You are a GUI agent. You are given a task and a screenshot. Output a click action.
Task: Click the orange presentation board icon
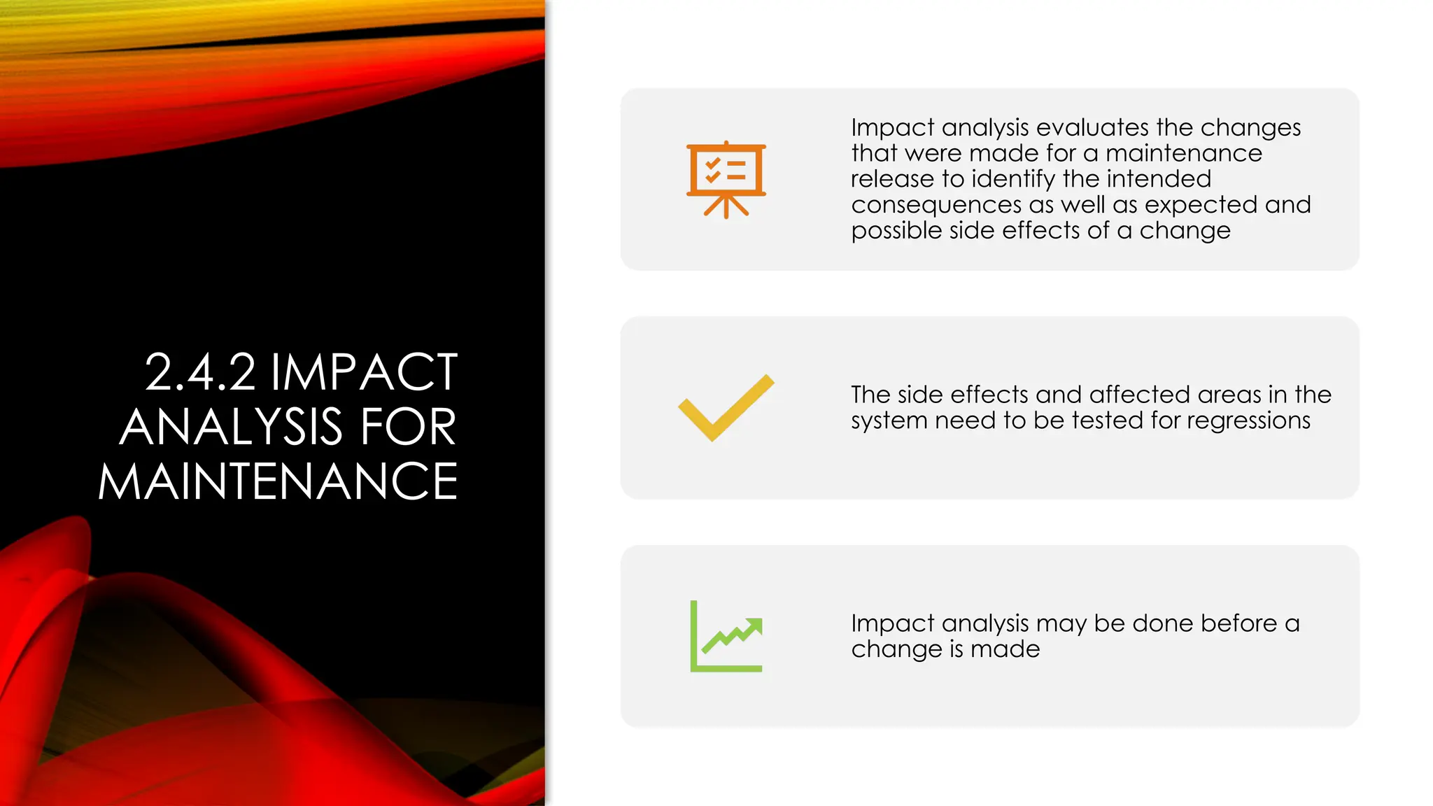pyautogui.click(x=726, y=179)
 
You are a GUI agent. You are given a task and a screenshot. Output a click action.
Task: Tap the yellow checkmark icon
pyautogui.click(x=726, y=409)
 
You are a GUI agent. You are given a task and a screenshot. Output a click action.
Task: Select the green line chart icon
pyautogui.click(x=726, y=636)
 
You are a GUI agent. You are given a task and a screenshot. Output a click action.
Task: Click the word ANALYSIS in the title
pyautogui.click(x=231, y=427)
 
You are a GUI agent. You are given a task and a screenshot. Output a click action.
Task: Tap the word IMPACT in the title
pyautogui.click(x=364, y=372)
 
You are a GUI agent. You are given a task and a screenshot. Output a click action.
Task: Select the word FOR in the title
pyautogui.click(x=408, y=427)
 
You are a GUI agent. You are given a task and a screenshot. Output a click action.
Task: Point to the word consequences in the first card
pyautogui.click(x=936, y=205)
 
